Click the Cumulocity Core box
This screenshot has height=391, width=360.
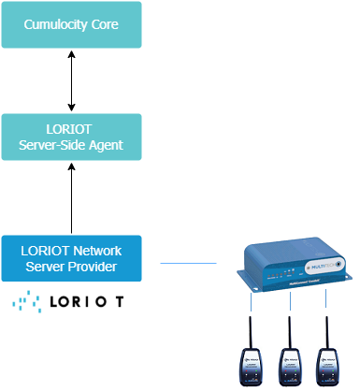[x=72, y=24]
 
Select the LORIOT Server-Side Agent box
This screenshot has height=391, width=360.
[x=72, y=137]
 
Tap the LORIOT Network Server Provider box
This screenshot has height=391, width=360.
[x=72, y=258]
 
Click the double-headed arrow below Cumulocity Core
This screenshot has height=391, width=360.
[x=72, y=80]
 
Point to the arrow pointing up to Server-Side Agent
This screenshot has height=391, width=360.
[x=72, y=197]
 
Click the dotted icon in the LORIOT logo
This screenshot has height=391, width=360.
[x=25, y=302]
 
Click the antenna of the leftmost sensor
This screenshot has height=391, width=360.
[x=251, y=332]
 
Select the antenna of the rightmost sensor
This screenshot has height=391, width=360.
[x=326, y=332]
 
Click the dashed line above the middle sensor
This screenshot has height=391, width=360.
[x=289, y=303]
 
